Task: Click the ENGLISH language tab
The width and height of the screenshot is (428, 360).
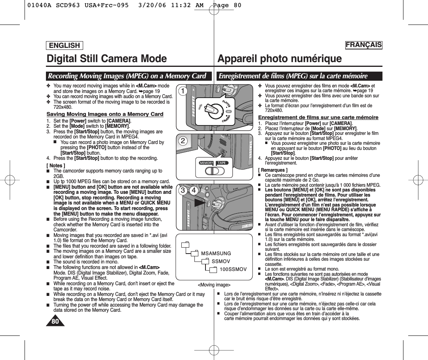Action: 65,45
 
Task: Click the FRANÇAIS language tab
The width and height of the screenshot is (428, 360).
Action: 363,45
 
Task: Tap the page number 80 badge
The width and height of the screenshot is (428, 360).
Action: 55,321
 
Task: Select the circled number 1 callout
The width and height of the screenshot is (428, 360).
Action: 183,91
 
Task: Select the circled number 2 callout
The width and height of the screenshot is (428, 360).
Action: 183,141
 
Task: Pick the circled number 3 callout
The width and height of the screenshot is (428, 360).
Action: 183,191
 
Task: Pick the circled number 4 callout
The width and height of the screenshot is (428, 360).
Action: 194,191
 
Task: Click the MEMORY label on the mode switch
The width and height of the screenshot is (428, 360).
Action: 206,163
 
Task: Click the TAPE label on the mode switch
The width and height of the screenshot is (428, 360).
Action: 222,163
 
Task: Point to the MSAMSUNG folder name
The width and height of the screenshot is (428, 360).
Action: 216,253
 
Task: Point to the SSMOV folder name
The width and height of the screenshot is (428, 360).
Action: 221,261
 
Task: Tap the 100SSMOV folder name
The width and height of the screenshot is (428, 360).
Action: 233,269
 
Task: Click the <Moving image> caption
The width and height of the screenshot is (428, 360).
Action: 214,285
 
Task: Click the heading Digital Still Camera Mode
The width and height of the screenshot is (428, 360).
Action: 107,59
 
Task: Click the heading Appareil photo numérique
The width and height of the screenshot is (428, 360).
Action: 280,59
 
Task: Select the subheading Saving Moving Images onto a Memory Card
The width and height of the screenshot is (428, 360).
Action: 105,114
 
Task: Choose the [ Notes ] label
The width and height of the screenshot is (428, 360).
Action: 56,166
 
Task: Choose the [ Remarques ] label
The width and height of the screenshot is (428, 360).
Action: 273,170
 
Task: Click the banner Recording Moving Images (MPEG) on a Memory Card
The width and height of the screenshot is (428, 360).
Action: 127,76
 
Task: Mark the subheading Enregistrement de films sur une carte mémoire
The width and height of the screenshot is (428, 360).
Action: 318,117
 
